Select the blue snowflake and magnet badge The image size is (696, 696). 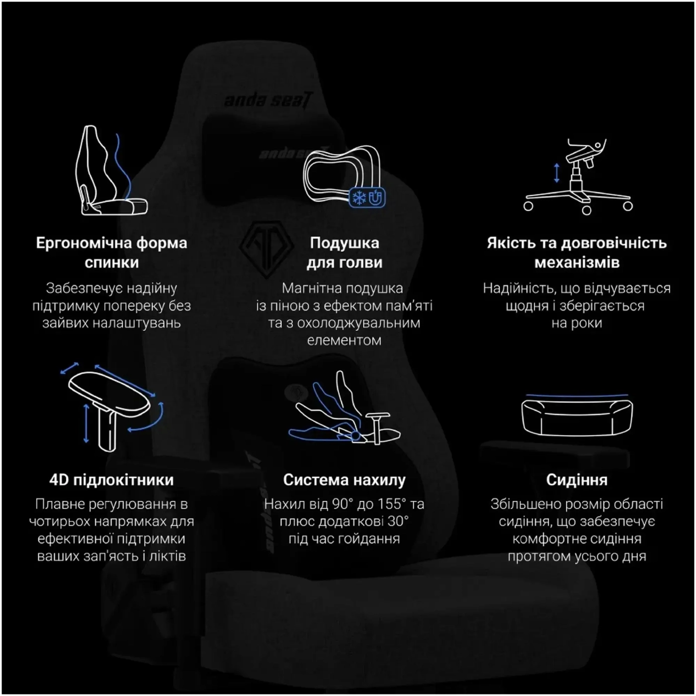pos(367,197)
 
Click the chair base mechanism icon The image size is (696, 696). pos(578,177)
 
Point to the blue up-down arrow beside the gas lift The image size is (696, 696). pos(557,173)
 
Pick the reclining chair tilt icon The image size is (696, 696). pos(344,408)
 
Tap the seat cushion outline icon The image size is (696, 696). pos(577,415)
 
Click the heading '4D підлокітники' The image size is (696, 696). pos(111,480)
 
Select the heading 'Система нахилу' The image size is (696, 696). pos(344,480)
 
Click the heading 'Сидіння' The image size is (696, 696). pos(577,480)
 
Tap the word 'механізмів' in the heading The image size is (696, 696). pos(577,262)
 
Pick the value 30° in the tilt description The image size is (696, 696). pos(397,522)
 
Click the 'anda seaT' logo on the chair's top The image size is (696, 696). pos(268,100)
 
